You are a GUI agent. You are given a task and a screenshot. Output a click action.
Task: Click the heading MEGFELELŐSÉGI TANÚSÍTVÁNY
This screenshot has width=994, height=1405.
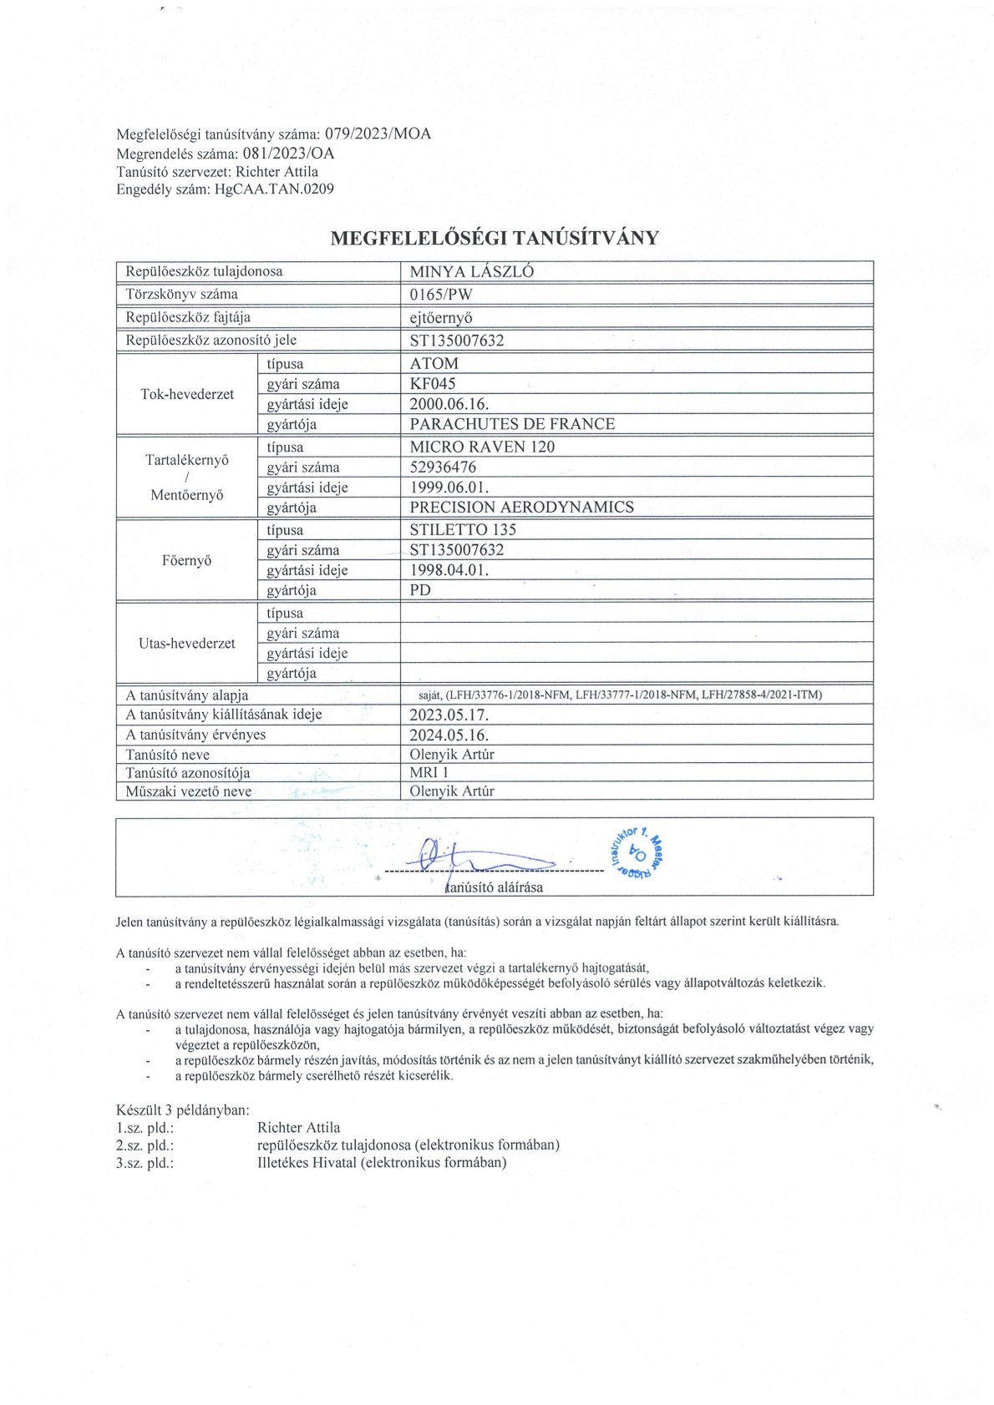494,238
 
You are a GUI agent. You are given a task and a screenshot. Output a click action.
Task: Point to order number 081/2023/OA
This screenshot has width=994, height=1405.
288,153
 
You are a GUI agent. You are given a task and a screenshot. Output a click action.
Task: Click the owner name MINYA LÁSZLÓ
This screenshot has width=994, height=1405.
471,271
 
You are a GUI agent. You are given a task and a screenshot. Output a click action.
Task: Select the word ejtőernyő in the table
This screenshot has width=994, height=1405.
441,317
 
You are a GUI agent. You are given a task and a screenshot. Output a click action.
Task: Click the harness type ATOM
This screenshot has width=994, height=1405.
434,363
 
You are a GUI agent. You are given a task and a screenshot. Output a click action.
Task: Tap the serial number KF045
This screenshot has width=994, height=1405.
433,384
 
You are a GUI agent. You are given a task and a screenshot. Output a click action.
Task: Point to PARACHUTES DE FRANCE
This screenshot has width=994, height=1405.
512,424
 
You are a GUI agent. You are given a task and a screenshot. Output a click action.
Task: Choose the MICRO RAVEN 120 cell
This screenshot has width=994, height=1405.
482,447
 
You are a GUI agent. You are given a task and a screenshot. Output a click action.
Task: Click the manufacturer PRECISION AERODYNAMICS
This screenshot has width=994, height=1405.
521,507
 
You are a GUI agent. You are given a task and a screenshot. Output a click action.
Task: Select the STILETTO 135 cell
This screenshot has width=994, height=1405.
463,529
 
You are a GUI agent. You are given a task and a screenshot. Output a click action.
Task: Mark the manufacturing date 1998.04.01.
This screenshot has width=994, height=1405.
449,570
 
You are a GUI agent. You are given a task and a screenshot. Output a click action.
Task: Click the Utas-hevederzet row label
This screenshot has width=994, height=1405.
187,644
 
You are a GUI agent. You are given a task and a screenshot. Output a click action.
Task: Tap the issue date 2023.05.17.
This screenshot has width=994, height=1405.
449,715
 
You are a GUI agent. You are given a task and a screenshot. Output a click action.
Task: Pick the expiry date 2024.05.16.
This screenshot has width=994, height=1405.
449,735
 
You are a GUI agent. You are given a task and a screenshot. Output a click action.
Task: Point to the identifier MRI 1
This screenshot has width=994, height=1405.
429,772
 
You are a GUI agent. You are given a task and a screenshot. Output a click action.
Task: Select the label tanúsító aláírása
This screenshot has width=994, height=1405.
494,887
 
